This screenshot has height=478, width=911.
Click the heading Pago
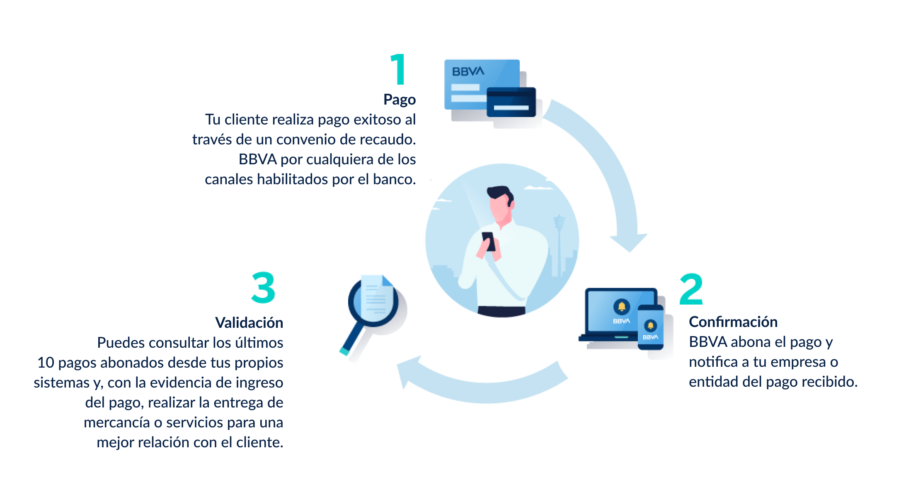pos(400,100)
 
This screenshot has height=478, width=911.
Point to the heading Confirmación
pos(733,322)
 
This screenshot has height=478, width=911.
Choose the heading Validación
pos(249,323)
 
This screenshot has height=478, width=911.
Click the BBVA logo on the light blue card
pos(468,71)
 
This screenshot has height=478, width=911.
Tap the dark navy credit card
pos(511,102)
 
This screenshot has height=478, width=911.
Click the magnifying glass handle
pos(352,339)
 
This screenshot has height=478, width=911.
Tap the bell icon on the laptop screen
pos(622,307)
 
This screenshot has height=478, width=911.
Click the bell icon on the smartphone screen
pos(650,325)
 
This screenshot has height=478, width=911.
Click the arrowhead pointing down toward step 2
pos(629,242)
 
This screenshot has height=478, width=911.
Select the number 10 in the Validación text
pos(46,363)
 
